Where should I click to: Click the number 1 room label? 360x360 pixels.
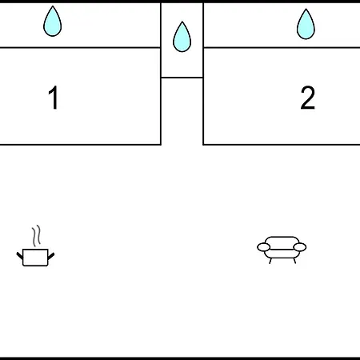pos(54,98)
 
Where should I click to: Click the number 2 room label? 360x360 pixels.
pos(308,98)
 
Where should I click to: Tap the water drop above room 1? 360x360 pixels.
pos(53,22)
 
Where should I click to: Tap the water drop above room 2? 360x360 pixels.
pos(306,24)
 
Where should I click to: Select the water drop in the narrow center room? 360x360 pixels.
pos(182,37)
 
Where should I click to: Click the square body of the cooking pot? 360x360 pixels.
pos(35,258)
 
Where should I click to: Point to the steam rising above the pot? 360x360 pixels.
pos(37,236)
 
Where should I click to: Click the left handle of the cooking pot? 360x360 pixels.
pos(20,255)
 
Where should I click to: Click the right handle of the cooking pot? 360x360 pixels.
pos(51,256)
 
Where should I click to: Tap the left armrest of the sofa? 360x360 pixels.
pos(263,247)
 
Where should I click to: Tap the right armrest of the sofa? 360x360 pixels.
pos(300,247)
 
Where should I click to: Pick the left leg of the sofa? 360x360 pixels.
pos(270,261)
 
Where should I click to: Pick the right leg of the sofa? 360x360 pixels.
pos(294,261)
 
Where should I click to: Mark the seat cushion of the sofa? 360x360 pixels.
pos(282,254)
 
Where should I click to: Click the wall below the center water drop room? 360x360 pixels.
pos(182,78)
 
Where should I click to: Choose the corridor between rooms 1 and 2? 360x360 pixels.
pos(182,111)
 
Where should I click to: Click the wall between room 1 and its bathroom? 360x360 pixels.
pos(80,48)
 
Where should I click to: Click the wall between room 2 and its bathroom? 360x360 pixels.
pos(282,48)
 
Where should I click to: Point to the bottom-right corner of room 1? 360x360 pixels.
pos(161,145)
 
